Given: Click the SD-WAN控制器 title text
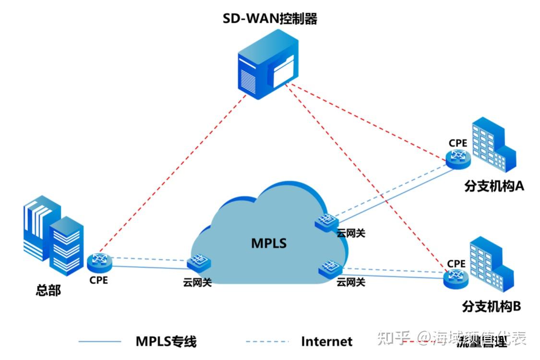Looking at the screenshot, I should click(x=270, y=19).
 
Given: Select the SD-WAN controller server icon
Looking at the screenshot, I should click(x=267, y=69).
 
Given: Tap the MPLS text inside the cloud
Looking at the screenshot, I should click(x=269, y=243).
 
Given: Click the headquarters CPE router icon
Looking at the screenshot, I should click(x=100, y=261).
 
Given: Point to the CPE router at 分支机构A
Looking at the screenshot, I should click(x=458, y=157).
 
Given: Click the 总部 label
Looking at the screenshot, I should click(x=48, y=290).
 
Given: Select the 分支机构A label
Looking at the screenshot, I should click(x=493, y=186).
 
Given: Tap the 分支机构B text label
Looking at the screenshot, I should click(x=491, y=306).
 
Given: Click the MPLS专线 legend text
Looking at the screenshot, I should click(x=166, y=342).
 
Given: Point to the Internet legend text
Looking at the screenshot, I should click(x=326, y=342).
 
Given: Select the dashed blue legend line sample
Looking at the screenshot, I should click(x=267, y=342).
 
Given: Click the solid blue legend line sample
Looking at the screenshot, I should click(x=100, y=342).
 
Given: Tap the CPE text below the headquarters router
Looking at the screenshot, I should click(x=98, y=280).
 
